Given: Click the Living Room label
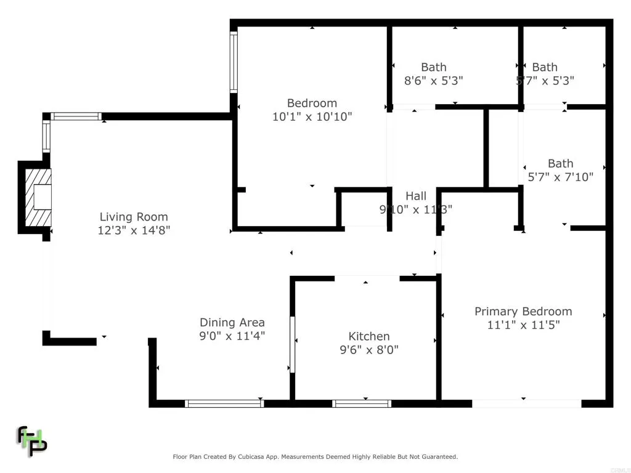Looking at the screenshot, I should pyautogui.click(x=134, y=217).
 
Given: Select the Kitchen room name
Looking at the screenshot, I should pyautogui.click(x=369, y=336).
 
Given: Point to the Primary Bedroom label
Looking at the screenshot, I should pyautogui.click(x=523, y=312).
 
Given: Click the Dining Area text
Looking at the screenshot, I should pyautogui.click(x=232, y=322).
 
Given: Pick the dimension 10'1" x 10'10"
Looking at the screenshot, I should pyautogui.click(x=312, y=116).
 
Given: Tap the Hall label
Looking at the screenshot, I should pyautogui.click(x=416, y=196).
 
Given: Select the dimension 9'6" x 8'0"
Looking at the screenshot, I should pyautogui.click(x=369, y=350).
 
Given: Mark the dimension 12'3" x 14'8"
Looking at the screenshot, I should pyautogui.click(x=134, y=230).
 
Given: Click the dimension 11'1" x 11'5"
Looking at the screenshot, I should pyautogui.click(x=523, y=325).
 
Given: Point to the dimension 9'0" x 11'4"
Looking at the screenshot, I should pyautogui.click(x=232, y=336).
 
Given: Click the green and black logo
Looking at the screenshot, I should pyautogui.click(x=31, y=440).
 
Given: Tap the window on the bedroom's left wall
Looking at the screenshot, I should pyautogui.click(x=234, y=62).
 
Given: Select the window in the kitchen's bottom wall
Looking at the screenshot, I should pyautogui.click(x=362, y=404).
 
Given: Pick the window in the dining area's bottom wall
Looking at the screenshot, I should pyautogui.click(x=224, y=404).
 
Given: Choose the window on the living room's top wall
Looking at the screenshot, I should pyautogui.click(x=76, y=116).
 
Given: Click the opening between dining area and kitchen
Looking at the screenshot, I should pyautogui.click(x=293, y=345).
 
